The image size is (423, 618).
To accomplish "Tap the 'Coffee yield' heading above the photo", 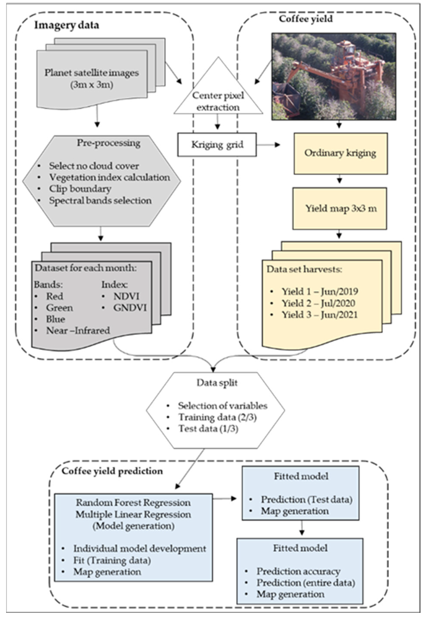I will pyautogui.click(x=306, y=19).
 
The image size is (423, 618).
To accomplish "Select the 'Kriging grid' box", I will pyautogui.click(x=217, y=145).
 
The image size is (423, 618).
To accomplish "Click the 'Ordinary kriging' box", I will pyautogui.click(x=340, y=153).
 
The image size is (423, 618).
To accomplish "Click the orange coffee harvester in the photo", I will pyautogui.click(x=343, y=72).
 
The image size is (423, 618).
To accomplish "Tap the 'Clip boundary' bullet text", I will pyautogui.click(x=80, y=189).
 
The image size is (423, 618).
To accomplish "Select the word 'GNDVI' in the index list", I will pyautogui.click(x=130, y=308).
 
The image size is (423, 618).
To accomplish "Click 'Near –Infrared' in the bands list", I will pyautogui.click(x=78, y=330).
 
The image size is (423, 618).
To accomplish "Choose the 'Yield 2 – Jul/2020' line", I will pyautogui.click(x=318, y=303).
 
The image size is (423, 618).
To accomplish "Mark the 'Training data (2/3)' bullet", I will pyautogui.click(x=217, y=417).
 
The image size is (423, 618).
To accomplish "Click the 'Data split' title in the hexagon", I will pyautogui.click(x=217, y=383).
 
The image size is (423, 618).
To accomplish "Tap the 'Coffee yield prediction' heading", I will pyautogui.click(x=112, y=471).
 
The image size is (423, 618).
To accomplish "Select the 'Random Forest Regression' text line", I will pyautogui.click(x=133, y=503).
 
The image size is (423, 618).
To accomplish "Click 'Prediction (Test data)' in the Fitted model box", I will pyautogui.click(x=306, y=500).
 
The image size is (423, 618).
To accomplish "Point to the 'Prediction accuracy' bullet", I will pyautogui.click(x=298, y=571).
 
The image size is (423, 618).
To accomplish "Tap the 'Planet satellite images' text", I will pyautogui.click(x=91, y=73).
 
